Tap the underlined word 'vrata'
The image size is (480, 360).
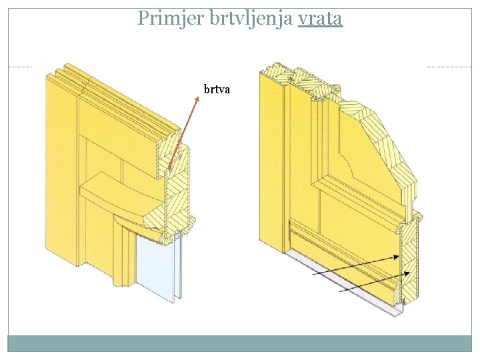point(320,18)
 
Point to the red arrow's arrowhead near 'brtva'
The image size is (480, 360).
point(197,97)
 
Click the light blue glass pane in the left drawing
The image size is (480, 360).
point(155,267)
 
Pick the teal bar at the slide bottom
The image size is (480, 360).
point(240,343)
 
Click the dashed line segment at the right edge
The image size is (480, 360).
point(448,67)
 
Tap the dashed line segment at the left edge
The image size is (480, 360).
point(20,67)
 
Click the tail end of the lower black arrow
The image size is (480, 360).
point(339,291)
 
